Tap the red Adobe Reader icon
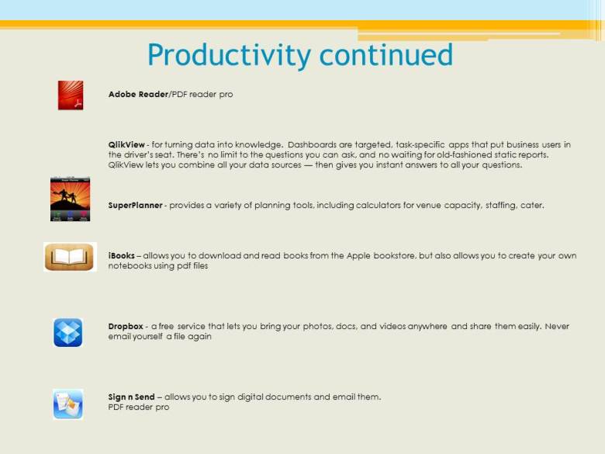tap(70, 95)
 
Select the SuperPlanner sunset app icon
tap(70, 199)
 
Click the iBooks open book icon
tap(69, 257)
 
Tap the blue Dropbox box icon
tap(67, 332)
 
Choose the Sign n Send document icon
tap(67, 404)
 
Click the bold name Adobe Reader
tap(138, 94)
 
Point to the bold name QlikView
tap(126, 144)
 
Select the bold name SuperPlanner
tap(136, 206)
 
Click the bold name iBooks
tap(122, 255)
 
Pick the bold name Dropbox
tap(126, 327)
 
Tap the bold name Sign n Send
tap(131, 397)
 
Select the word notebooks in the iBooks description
tap(130, 265)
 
